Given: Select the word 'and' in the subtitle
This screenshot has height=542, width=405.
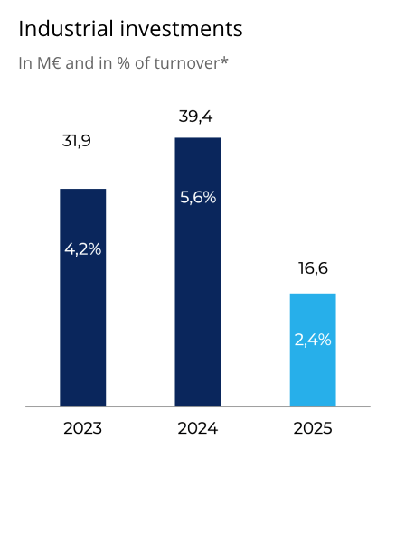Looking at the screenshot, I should (81, 64).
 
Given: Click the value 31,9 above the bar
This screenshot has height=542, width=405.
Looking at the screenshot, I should (77, 141).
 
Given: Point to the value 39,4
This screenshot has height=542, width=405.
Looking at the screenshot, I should (196, 117).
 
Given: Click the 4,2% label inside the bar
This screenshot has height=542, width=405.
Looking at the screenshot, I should (82, 249).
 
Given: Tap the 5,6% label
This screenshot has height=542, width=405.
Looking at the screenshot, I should (198, 198).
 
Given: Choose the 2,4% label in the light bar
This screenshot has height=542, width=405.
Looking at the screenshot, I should (313, 341).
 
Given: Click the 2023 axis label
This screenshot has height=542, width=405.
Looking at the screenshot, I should (82, 428).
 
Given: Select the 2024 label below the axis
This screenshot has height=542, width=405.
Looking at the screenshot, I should (198, 428).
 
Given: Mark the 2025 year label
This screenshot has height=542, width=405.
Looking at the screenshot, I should (313, 428).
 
